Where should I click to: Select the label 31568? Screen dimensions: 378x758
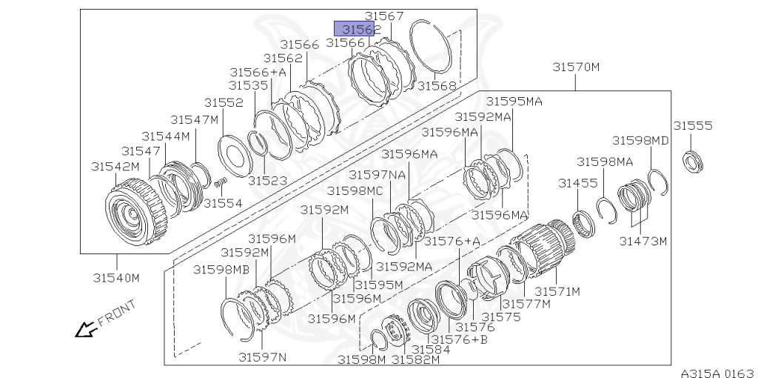point(437,85)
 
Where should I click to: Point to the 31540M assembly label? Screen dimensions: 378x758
point(116,278)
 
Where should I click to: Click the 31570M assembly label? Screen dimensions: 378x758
point(576,67)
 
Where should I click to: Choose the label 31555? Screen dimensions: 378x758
point(692,126)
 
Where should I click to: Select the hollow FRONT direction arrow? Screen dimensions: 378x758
point(85,328)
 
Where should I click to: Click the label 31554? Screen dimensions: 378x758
point(223,202)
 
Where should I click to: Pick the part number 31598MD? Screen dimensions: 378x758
point(640,140)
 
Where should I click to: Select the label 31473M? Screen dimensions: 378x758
point(643,241)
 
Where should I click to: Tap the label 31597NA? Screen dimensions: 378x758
point(377,174)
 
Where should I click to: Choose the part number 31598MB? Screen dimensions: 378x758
point(221,269)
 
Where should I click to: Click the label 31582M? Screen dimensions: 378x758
point(415,359)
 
